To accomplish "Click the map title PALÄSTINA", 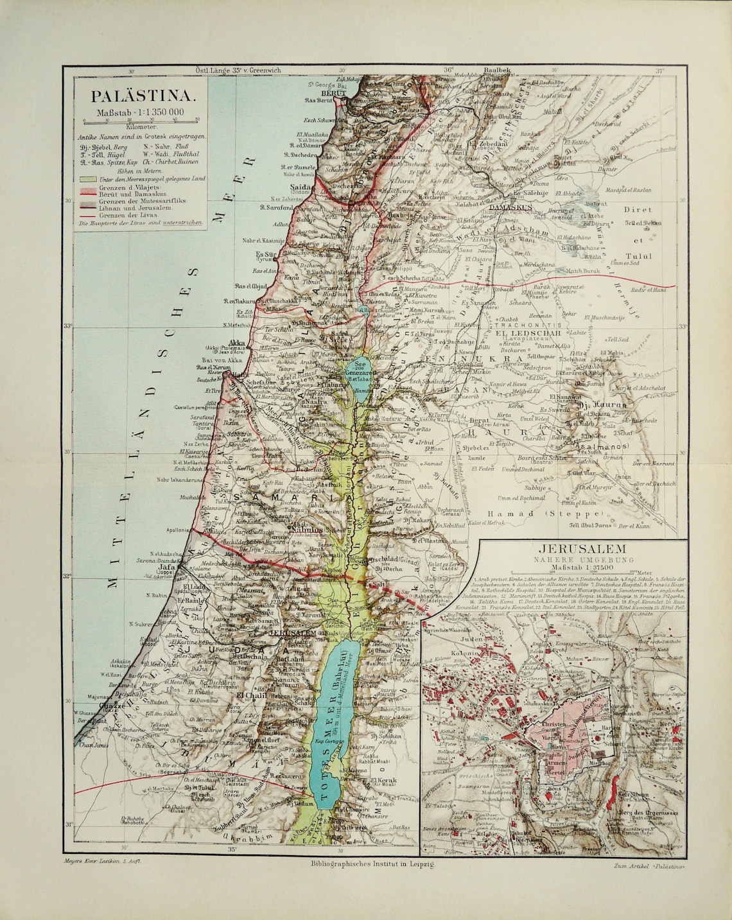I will tap(142, 96).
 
